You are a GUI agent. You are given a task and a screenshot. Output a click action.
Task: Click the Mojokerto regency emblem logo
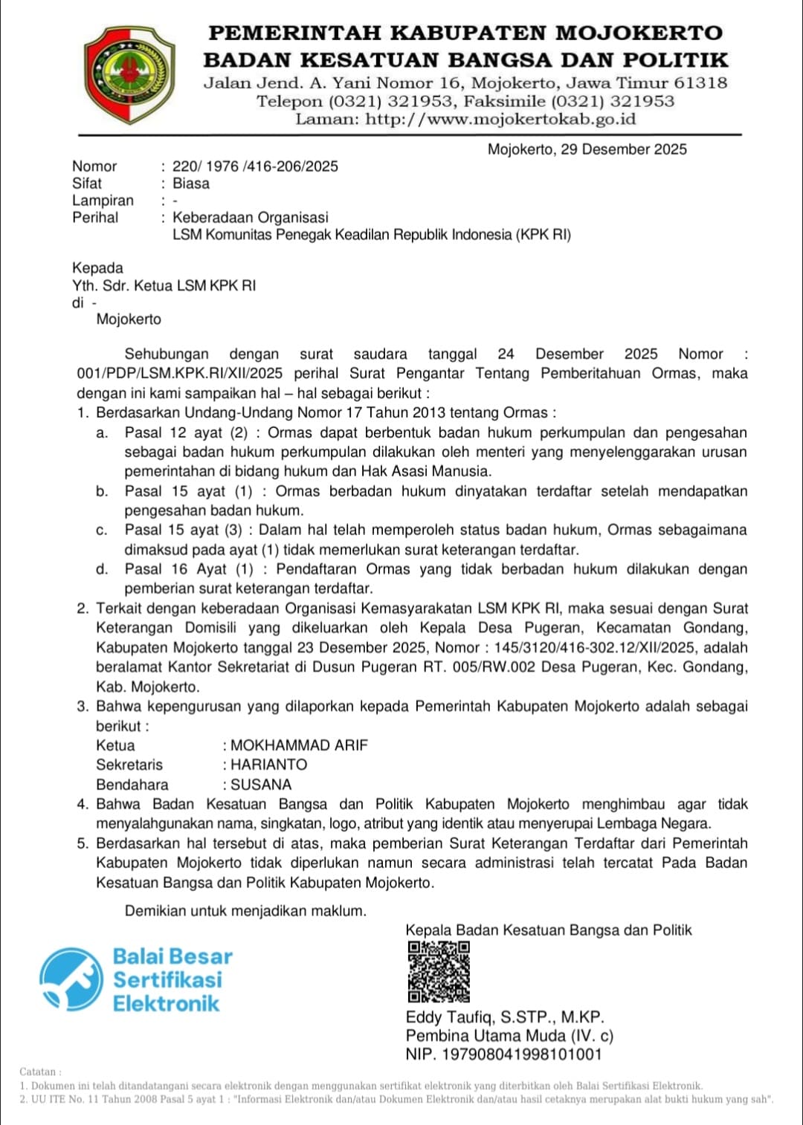(129, 74)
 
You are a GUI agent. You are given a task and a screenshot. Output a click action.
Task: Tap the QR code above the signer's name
(438, 972)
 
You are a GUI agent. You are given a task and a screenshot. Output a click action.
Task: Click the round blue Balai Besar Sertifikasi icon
(71, 979)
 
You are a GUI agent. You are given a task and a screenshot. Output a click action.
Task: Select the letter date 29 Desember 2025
(624, 149)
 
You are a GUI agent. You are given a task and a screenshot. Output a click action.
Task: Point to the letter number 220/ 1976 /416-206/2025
(255, 166)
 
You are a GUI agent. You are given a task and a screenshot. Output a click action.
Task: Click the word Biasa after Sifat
(191, 184)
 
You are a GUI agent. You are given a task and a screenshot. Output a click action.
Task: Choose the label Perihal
(95, 218)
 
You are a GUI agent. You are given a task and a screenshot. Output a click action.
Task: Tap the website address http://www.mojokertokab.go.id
(500, 119)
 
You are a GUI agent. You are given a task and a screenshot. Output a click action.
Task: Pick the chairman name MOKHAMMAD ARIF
(299, 745)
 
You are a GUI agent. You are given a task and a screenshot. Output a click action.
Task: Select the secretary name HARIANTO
(268, 765)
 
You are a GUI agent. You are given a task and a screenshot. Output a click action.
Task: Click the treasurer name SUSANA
(261, 785)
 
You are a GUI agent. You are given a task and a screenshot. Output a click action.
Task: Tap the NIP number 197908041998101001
(522, 1054)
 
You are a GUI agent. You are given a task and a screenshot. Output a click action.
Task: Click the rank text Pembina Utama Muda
(486, 1036)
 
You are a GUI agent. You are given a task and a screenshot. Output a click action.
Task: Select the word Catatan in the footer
(38, 1072)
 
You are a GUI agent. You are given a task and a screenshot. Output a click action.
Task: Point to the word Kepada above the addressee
(97, 268)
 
